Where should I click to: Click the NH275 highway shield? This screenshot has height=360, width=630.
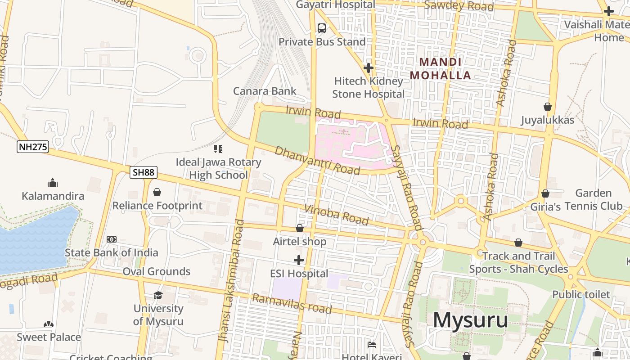tap(33, 147)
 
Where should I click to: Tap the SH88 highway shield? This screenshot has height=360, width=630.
tap(144, 172)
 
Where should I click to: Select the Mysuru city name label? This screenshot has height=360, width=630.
tap(470, 320)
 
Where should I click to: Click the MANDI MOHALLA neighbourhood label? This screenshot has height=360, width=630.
tap(440, 68)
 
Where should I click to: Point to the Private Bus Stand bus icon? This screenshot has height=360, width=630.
tap(322, 28)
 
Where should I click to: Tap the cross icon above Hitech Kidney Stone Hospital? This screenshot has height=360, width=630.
tap(368, 68)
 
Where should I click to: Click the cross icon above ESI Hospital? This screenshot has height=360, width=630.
tap(298, 260)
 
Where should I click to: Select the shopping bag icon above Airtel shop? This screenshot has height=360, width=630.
tap(299, 228)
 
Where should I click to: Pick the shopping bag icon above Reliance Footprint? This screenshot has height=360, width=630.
tap(157, 192)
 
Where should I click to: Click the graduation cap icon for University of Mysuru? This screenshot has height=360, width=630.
tap(158, 295)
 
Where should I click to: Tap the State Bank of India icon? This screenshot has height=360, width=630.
tap(112, 239)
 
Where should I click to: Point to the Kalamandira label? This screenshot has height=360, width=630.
tap(53, 196)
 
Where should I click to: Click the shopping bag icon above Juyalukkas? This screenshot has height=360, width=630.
tap(548, 107)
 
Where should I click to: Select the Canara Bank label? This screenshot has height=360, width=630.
tap(265, 91)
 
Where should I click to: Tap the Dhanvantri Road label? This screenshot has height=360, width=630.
tap(317, 160)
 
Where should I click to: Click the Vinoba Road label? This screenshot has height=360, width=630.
tap(336, 214)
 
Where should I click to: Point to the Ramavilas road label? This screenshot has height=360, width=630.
tap(292, 304)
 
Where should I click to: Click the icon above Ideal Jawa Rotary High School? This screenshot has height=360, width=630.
tap(218, 148)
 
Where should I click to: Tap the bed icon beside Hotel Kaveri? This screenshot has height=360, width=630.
tap(372, 345)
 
